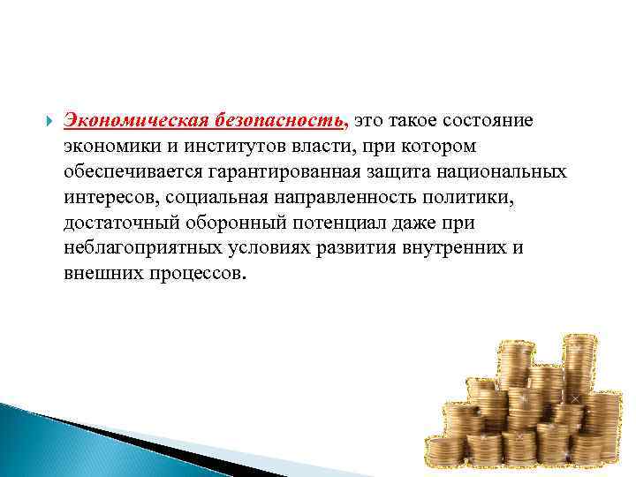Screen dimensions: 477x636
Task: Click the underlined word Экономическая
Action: click(x=132, y=119)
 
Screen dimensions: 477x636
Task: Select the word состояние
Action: click(x=496, y=119)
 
